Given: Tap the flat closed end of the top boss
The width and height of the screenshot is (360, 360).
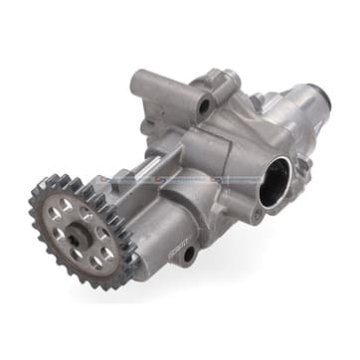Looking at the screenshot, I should pos(140,84).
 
